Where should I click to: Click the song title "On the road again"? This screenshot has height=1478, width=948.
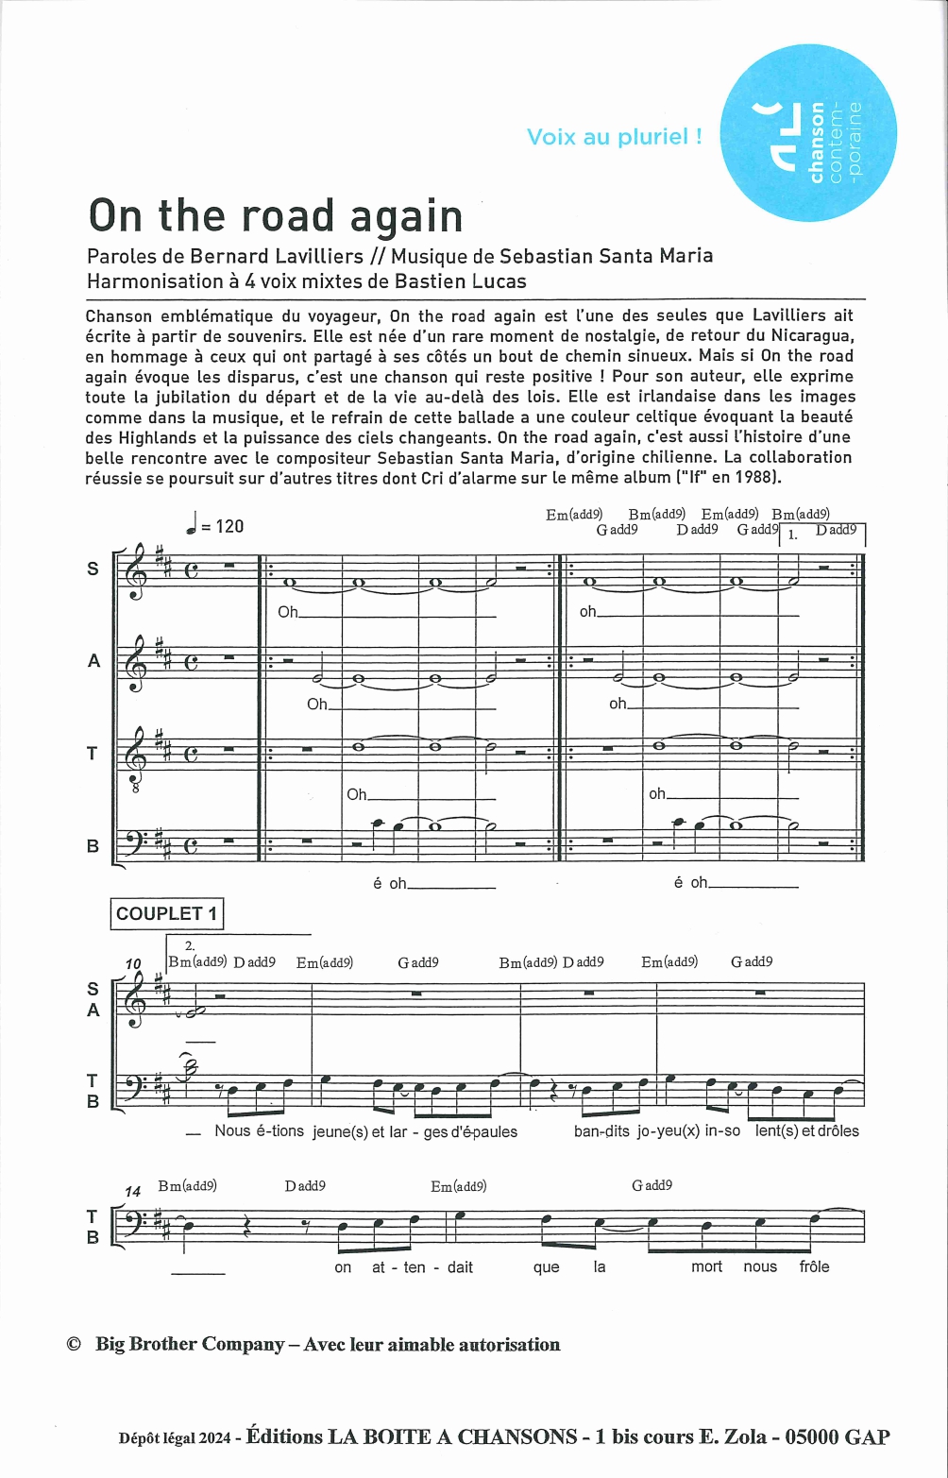[275, 216]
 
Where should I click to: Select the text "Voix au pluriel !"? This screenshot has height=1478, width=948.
[614, 137]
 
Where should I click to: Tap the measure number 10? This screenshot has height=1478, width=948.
[133, 963]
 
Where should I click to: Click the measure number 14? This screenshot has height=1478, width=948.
[133, 1192]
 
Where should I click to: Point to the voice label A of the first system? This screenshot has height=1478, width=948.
[93, 661]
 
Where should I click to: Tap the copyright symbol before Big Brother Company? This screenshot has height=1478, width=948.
[74, 1345]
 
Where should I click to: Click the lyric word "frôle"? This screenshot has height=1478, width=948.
[814, 1266]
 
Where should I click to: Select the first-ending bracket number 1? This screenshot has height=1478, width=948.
[792, 535]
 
